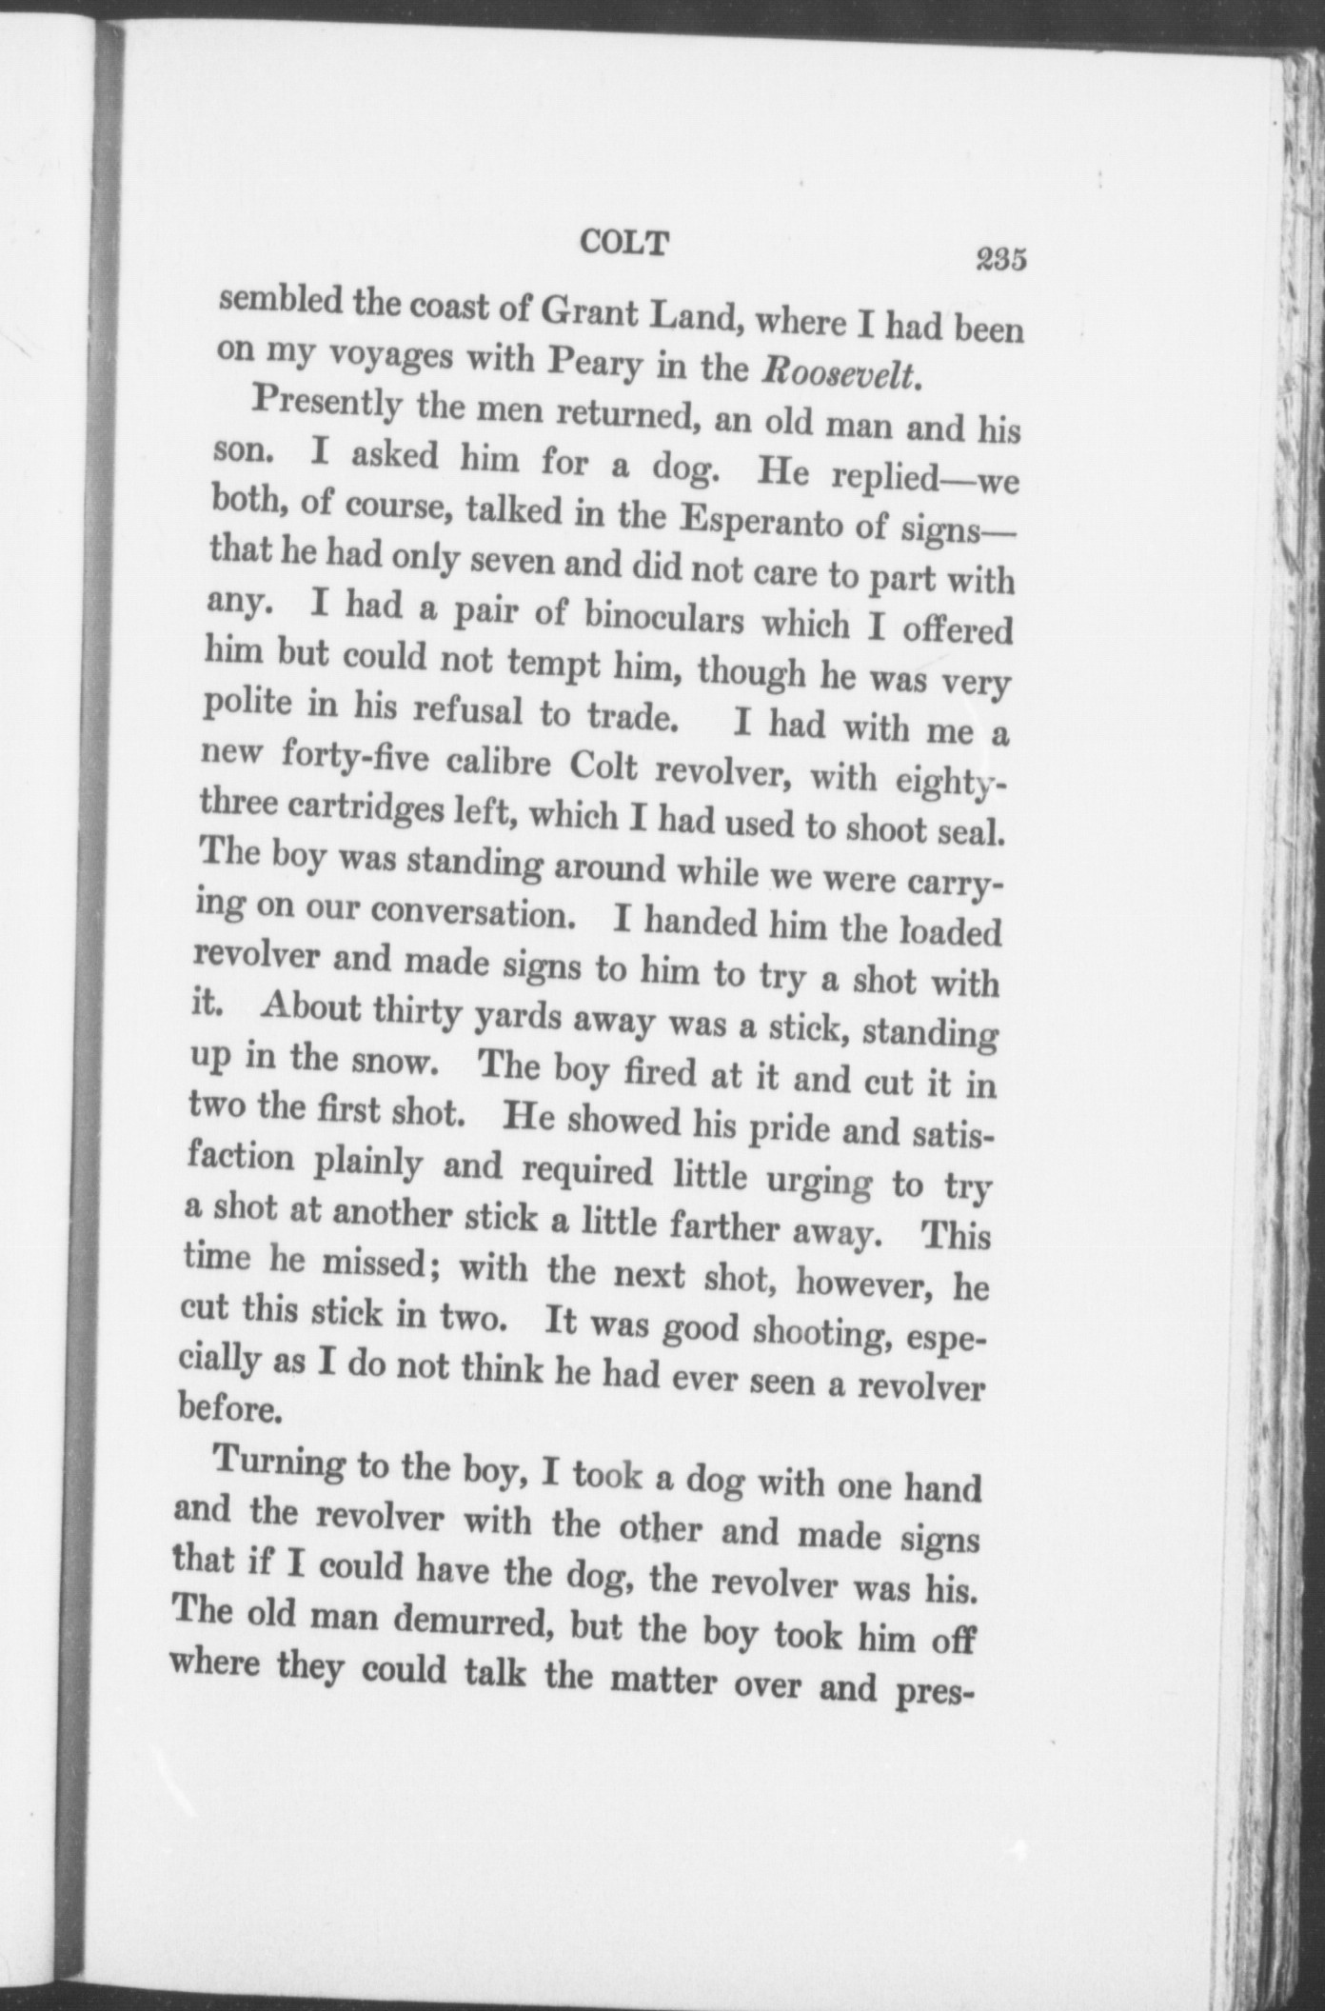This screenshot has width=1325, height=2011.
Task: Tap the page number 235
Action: (997, 259)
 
